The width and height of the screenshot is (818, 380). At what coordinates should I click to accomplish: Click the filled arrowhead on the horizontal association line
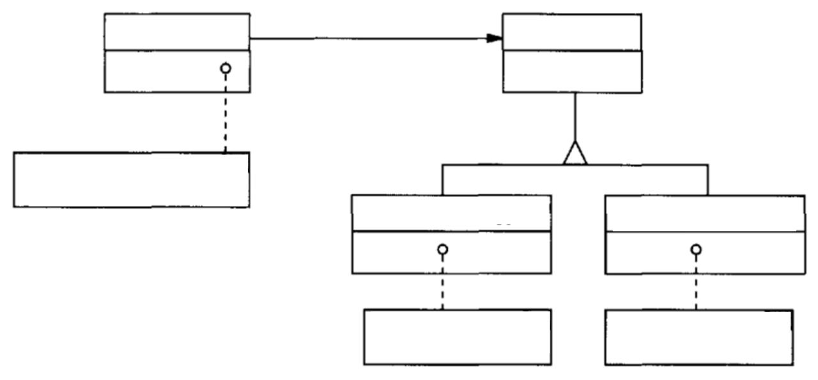[493, 38]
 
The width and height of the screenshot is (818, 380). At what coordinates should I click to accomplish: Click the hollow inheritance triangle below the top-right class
[575, 154]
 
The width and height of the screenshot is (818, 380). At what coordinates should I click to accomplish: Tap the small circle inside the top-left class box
[225, 68]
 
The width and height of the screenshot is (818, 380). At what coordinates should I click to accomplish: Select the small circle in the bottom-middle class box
[442, 249]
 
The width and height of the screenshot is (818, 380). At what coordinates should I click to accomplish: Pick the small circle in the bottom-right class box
[696, 249]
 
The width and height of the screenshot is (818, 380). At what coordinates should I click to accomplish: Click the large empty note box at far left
[131, 180]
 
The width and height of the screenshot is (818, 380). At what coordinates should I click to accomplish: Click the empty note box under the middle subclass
[457, 337]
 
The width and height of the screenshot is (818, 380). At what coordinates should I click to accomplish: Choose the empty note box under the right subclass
[698, 337]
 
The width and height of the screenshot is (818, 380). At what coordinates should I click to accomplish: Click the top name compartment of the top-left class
[177, 31]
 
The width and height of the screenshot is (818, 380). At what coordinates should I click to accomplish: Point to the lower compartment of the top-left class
[160, 71]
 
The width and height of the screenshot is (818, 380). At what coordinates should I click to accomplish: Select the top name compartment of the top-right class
[572, 32]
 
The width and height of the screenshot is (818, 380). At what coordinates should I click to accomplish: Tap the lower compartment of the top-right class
[572, 72]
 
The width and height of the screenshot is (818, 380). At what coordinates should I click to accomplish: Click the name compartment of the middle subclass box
[451, 213]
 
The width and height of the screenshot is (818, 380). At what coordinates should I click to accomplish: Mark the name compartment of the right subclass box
[705, 214]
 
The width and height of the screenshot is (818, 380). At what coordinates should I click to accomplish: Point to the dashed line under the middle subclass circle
[442, 281]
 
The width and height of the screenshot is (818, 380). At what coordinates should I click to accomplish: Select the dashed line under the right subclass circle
[696, 281]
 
